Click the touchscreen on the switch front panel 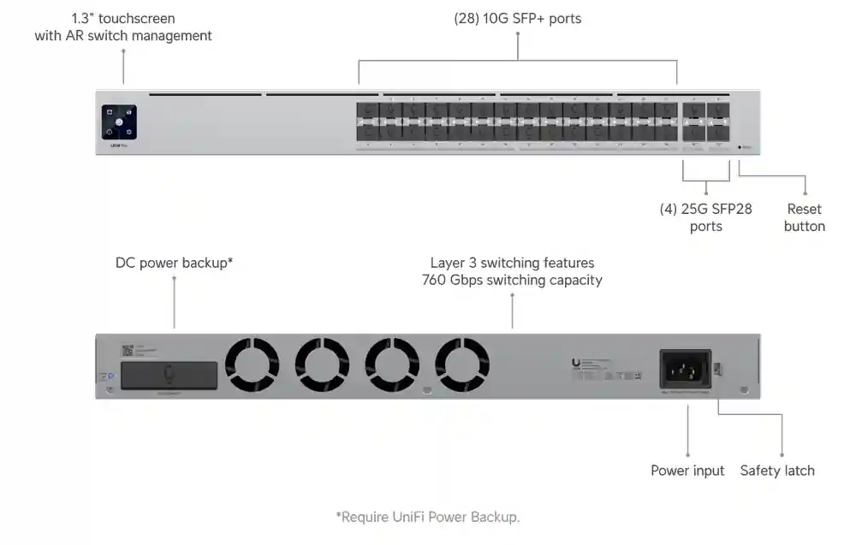(x=119, y=121)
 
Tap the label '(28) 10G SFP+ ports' (x=517, y=18)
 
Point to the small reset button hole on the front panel (x=740, y=146)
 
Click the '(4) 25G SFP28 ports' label (x=705, y=217)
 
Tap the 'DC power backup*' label (x=174, y=263)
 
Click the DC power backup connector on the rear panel (x=169, y=374)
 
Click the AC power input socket (x=683, y=370)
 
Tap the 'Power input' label (x=687, y=471)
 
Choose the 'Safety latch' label (x=777, y=471)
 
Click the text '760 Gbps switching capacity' (x=512, y=280)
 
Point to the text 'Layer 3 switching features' (x=512, y=263)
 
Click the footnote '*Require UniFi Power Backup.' (x=427, y=517)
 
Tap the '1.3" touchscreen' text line (x=123, y=18)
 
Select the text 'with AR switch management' (x=123, y=35)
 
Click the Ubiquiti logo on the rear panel (x=576, y=364)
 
